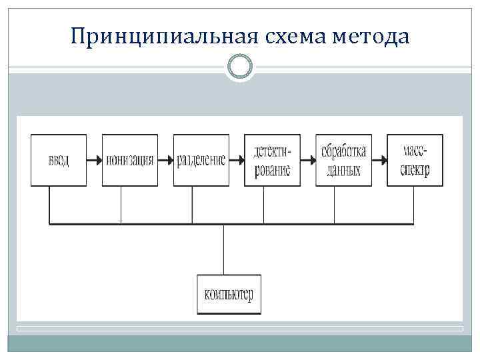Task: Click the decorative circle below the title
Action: click(240, 67)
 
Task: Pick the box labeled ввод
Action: click(59, 160)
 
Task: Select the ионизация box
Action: click(129, 160)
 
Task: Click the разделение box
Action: click(201, 160)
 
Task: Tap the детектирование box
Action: click(273, 160)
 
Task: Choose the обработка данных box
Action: click(344, 160)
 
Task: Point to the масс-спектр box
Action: click(415, 160)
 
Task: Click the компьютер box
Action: click(229, 294)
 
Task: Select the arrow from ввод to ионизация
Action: click(94, 160)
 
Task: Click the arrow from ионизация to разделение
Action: click(165, 160)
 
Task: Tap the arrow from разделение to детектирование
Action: click(237, 160)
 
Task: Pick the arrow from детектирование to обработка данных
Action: click(308, 160)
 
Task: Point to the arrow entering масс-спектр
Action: click(379, 160)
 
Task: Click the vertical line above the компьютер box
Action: click(224, 249)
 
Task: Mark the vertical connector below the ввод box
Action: click(49, 205)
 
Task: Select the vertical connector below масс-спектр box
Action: click(415, 205)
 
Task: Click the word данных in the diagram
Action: click(344, 171)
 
